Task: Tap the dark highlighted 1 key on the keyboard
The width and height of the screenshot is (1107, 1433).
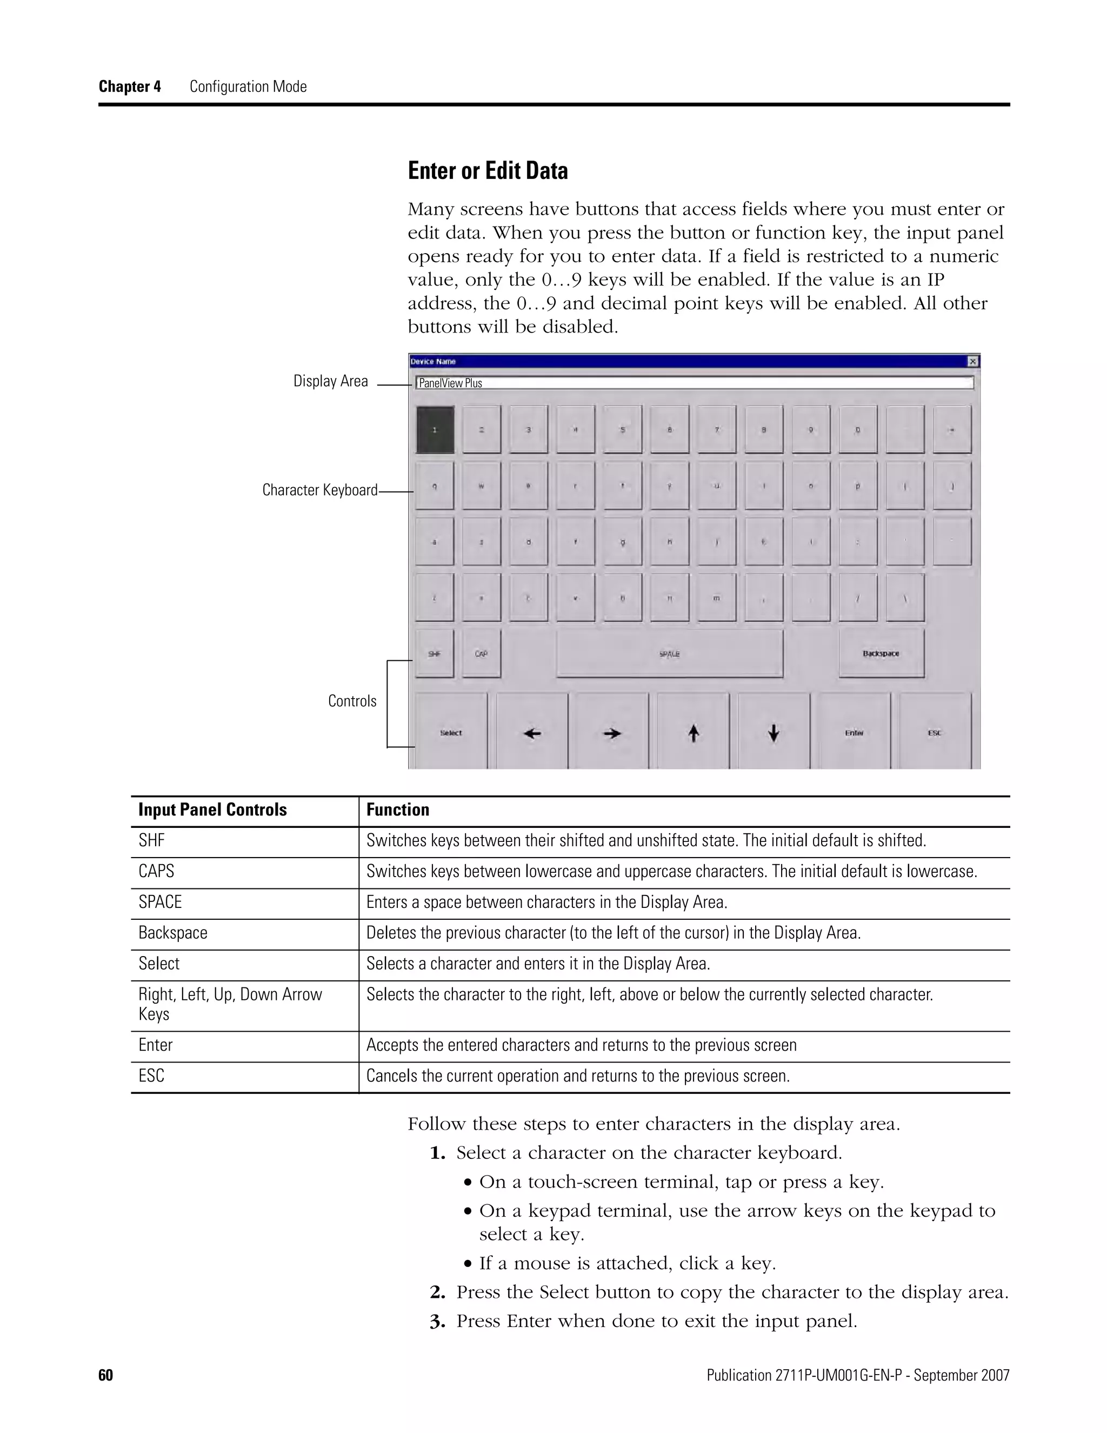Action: click(x=435, y=430)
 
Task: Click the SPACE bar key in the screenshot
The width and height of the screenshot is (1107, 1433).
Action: click(x=669, y=654)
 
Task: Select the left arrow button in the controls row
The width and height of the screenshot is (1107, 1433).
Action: click(x=532, y=733)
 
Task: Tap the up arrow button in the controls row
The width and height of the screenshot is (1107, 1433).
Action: click(x=693, y=733)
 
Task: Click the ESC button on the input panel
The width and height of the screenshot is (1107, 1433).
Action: click(x=935, y=733)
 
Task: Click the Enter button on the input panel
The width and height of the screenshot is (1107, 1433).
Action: click(x=854, y=733)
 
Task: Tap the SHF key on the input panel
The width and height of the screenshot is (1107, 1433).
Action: click(x=434, y=654)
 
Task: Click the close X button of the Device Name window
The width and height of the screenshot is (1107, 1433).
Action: click(x=973, y=362)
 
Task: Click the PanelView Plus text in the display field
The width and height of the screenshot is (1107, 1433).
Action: click(x=451, y=383)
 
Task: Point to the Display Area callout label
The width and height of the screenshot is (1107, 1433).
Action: click(x=330, y=381)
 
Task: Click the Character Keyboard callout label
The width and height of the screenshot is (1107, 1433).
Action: click(x=319, y=490)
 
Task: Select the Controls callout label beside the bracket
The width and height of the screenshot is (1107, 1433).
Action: click(x=352, y=701)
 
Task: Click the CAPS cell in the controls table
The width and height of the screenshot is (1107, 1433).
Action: click(x=156, y=871)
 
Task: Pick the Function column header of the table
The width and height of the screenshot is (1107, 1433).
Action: click(x=397, y=810)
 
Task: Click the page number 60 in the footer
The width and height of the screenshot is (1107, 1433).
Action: click(x=105, y=1375)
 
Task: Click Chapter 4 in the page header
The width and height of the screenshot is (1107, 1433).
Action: click(x=130, y=87)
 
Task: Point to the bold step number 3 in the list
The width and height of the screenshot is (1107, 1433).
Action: click(x=437, y=1322)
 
